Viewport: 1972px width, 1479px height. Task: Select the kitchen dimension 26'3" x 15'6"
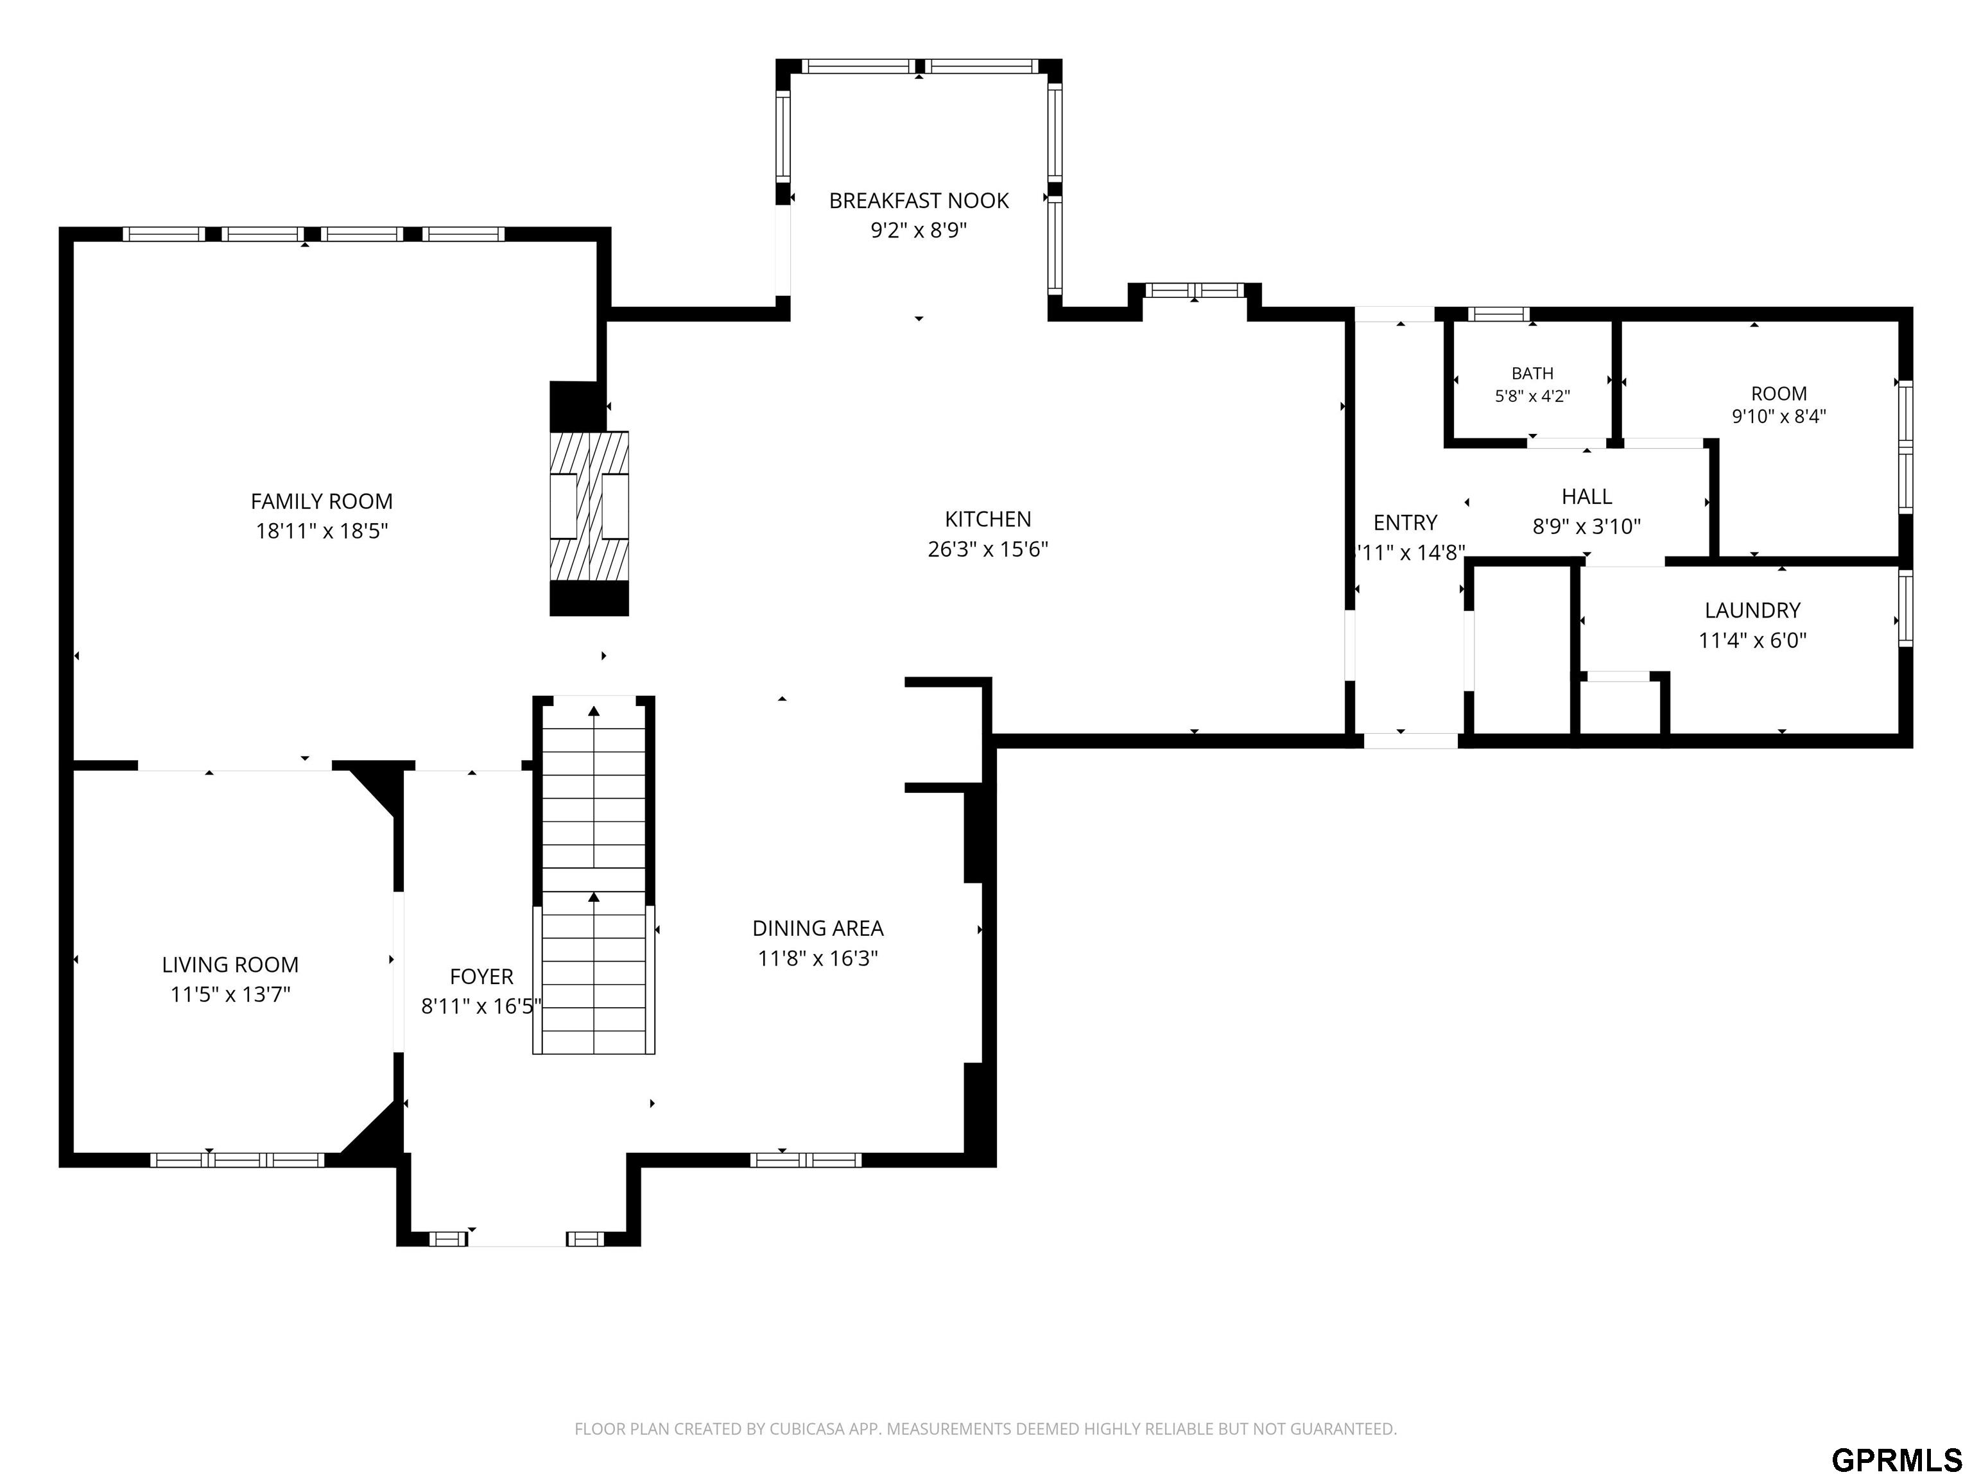click(x=988, y=549)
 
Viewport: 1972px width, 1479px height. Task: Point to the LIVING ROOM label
click(x=230, y=965)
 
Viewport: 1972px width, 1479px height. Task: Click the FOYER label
click(x=481, y=976)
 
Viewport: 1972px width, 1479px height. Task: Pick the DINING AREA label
click(x=818, y=928)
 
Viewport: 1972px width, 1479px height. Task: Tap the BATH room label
click(x=1532, y=374)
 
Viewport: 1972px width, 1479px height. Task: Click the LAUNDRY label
click(x=1752, y=610)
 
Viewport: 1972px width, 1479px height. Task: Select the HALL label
click(x=1587, y=497)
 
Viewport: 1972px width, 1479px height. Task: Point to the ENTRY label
click(x=1405, y=523)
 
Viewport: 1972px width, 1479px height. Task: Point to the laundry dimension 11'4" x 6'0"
click(x=1752, y=640)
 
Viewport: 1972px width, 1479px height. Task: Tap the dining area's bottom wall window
click(x=806, y=1160)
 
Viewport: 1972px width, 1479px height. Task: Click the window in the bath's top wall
click(x=1499, y=314)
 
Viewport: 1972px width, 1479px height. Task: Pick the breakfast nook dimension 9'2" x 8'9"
click(x=918, y=230)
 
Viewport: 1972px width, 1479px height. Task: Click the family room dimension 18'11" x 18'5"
click(x=321, y=532)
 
